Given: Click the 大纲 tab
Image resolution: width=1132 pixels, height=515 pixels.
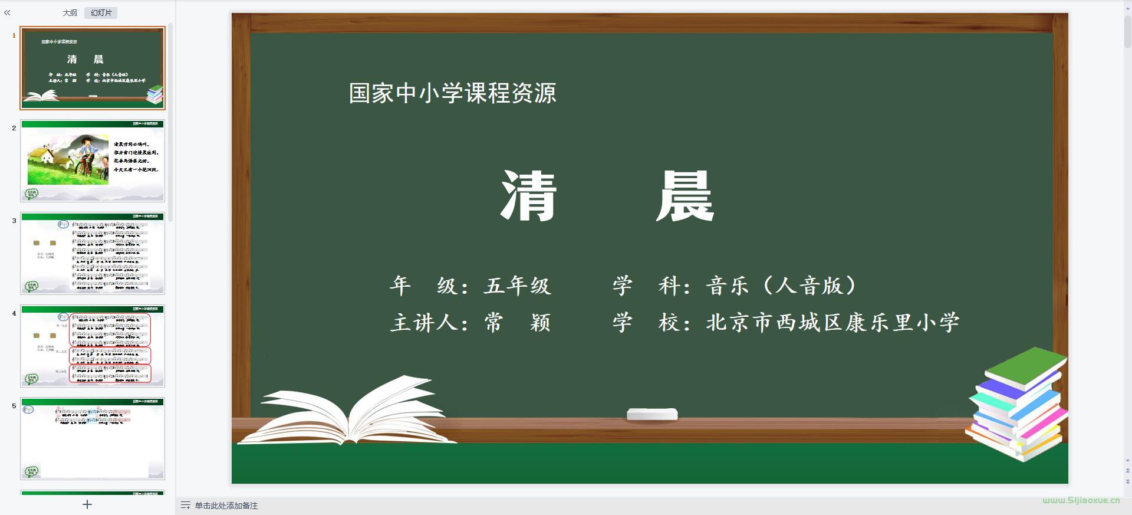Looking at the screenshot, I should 70,13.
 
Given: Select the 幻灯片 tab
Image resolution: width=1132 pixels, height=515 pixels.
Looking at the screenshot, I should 101,13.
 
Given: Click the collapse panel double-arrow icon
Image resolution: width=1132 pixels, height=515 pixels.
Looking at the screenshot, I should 7,12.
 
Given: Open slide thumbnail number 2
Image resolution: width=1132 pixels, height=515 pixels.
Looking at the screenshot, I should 93,161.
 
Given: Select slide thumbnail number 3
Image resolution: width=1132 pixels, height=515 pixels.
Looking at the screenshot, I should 93,254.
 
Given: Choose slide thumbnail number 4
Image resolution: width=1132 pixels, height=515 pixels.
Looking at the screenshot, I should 93,346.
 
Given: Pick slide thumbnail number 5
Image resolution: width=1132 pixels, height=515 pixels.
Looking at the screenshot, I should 93,438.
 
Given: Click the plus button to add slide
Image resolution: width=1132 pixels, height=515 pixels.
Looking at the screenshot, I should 87,504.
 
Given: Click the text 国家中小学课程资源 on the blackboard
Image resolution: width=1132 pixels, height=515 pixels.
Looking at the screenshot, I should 452,93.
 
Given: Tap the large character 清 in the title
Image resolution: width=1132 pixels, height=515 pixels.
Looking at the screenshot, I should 528,196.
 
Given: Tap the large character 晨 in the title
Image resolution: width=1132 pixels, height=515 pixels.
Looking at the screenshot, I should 685,196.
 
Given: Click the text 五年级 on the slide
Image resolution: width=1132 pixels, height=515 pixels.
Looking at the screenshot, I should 517,286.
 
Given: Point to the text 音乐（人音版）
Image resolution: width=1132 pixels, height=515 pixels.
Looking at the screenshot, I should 782,286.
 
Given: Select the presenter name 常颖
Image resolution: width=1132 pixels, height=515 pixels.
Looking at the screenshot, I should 517,323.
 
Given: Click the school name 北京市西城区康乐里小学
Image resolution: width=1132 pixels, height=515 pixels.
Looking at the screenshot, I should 832,323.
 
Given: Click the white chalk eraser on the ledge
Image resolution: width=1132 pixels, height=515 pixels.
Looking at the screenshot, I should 652,414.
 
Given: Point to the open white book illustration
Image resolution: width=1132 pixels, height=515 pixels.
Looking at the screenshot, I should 348,413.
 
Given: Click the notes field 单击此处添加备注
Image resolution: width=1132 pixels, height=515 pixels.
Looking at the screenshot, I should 226,506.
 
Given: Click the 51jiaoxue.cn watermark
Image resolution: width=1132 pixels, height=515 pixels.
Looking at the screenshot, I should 1081,500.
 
